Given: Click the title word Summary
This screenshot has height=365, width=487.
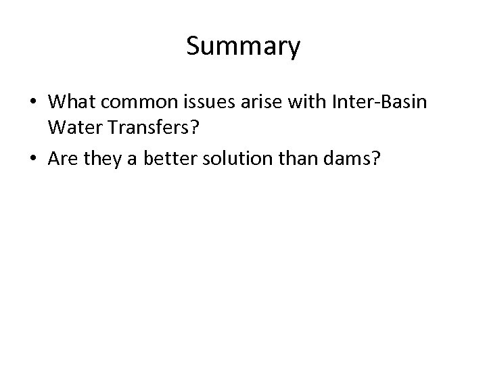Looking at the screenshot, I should coord(243,47).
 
